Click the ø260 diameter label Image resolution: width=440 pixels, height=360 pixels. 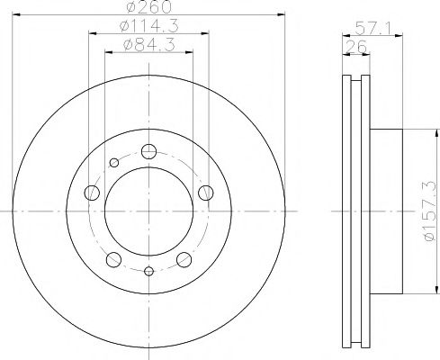click(149, 6)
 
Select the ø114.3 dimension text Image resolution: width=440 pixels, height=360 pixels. click(149, 26)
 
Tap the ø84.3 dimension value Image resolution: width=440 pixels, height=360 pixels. click(149, 45)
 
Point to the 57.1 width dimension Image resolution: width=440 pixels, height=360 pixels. click(373, 29)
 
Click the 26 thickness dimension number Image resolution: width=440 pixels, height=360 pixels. click(356, 47)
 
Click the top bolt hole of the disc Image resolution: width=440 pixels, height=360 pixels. click(148, 151)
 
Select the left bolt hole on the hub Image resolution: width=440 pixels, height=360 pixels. click(92, 193)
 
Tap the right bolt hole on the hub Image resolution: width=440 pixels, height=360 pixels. click(206, 193)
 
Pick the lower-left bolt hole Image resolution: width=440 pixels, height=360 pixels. click(113, 259)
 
